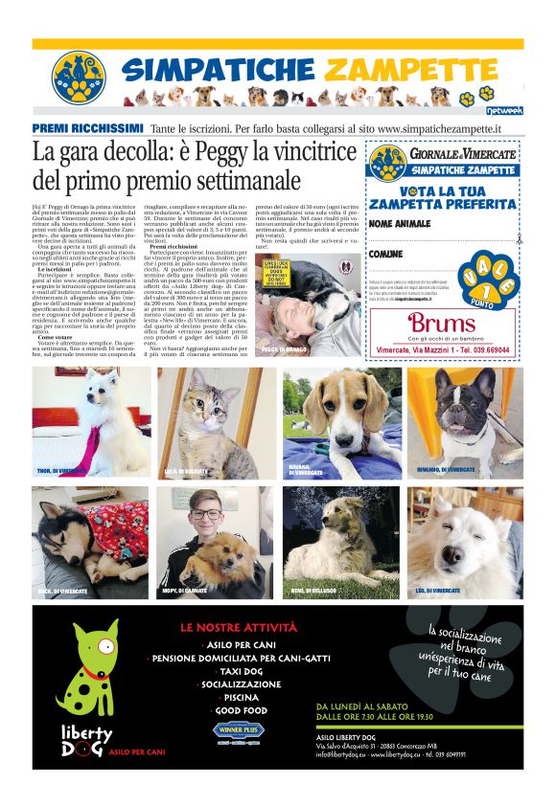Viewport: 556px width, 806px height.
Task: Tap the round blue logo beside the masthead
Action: tap(79, 78)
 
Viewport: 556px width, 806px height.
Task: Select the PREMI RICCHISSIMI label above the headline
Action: tap(87, 127)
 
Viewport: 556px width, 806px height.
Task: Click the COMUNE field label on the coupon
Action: tap(385, 254)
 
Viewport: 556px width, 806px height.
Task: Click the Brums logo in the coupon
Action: tap(442, 323)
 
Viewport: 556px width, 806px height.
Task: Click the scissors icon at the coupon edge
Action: tap(519, 242)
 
